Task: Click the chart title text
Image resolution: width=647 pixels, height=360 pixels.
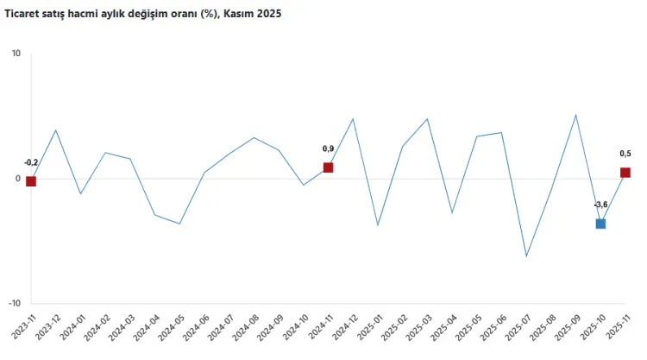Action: tap(143, 15)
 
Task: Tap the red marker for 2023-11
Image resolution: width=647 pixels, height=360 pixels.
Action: tap(31, 181)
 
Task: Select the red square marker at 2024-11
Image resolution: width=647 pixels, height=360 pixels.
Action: tap(329, 167)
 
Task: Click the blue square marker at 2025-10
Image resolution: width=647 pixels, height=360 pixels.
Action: tap(600, 224)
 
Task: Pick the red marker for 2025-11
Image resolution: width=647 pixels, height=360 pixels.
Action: tap(625, 173)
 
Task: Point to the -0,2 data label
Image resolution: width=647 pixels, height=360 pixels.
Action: tap(31, 162)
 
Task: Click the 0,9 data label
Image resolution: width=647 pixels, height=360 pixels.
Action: tap(329, 148)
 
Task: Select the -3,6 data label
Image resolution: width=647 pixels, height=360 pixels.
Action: tap(600, 205)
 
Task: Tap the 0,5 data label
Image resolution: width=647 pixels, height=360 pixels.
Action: tap(625, 154)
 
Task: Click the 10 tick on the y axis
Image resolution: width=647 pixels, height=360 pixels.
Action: tap(16, 54)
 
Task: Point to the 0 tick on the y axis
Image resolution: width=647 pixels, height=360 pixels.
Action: tap(18, 179)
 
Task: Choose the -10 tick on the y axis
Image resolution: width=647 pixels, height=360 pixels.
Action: tap(14, 303)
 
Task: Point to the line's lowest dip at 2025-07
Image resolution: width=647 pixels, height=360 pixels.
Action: tap(526, 256)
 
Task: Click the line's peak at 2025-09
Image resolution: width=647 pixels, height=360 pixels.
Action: tap(575, 115)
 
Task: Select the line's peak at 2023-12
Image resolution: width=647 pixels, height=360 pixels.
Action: tap(56, 130)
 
